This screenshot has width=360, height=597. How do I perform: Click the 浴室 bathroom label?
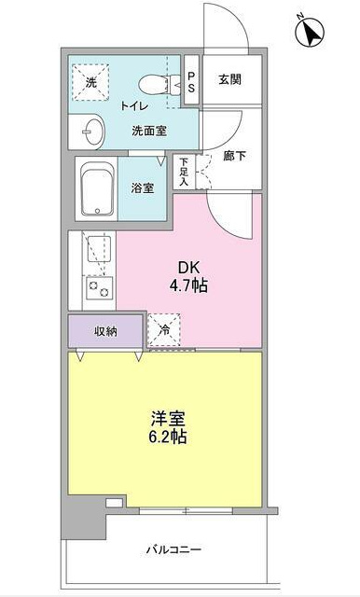[143, 187]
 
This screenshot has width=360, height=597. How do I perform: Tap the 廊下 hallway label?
[234, 156]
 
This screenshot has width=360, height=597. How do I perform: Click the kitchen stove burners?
[98, 289]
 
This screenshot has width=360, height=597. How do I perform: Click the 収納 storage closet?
[105, 332]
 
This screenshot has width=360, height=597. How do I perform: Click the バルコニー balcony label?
[173, 548]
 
